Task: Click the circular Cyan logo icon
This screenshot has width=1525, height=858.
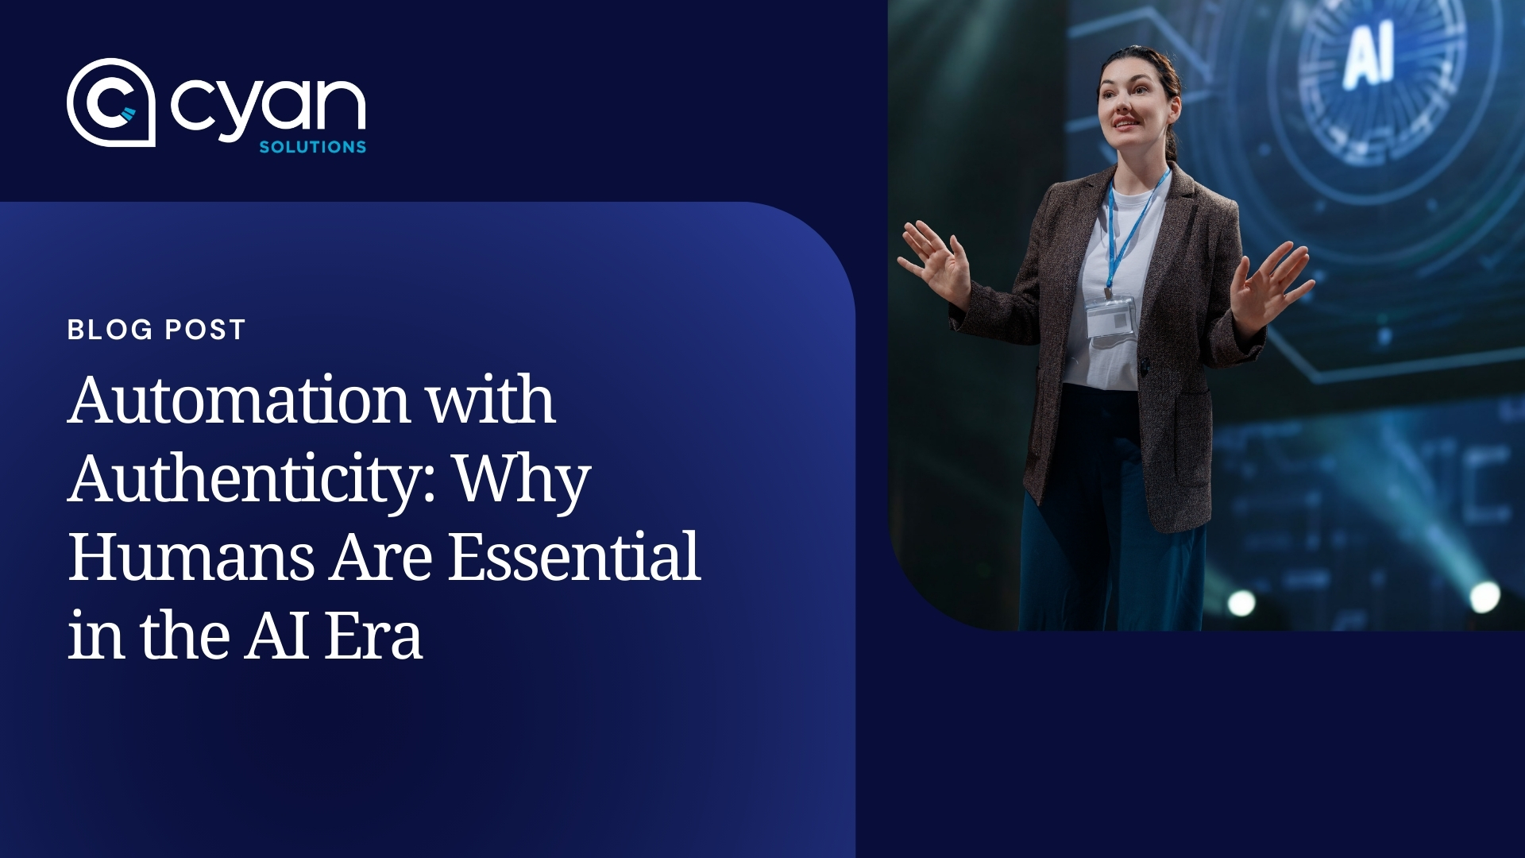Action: click(x=110, y=102)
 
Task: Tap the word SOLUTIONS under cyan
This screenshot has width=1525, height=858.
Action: click(x=312, y=147)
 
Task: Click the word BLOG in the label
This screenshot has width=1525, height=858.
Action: click(x=110, y=330)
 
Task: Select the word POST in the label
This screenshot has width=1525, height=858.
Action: click(x=205, y=330)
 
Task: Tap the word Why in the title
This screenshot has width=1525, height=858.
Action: click(x=522, y=481)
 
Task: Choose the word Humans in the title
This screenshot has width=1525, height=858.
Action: click(x=191, y=558)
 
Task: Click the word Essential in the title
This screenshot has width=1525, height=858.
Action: click(x=574, y=558)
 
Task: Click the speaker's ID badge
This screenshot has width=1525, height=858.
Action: click(x=1110, y=319)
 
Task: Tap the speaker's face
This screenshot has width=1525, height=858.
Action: click(x=1127, y=103)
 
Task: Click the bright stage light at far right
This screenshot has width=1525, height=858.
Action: click(x=1484, y=597)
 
